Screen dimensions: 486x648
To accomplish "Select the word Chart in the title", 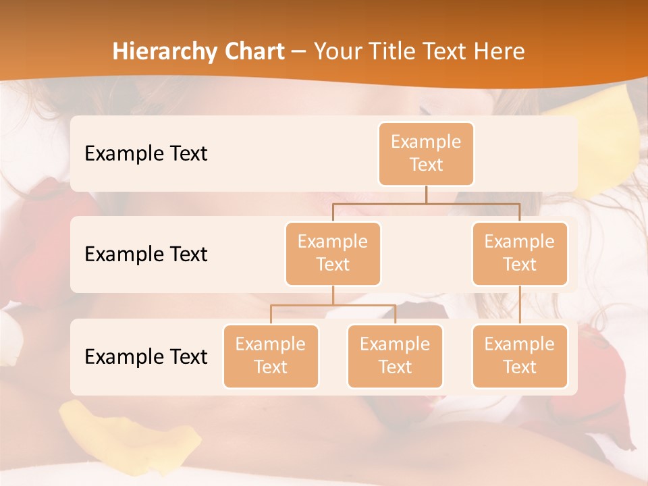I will click(254, 51).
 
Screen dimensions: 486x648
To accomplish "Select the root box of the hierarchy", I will click(426, 153).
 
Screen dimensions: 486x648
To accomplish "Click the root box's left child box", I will click(333, 253).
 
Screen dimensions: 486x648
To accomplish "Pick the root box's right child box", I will click(520, 253).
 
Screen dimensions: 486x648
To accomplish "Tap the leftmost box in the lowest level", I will click(271, 356).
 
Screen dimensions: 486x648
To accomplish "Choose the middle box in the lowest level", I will click(395, 356).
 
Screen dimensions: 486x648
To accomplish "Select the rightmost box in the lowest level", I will click(520, 356).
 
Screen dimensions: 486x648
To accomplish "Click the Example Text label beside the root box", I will click(146, 153).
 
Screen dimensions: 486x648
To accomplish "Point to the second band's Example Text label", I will click(146, 254).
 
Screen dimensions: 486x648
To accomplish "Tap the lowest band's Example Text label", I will click(146, 356).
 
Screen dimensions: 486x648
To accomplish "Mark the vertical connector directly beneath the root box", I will click(426, 194).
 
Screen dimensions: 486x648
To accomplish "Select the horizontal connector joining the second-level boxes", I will click(426, 203).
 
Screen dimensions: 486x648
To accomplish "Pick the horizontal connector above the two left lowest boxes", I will click(333, 305).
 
